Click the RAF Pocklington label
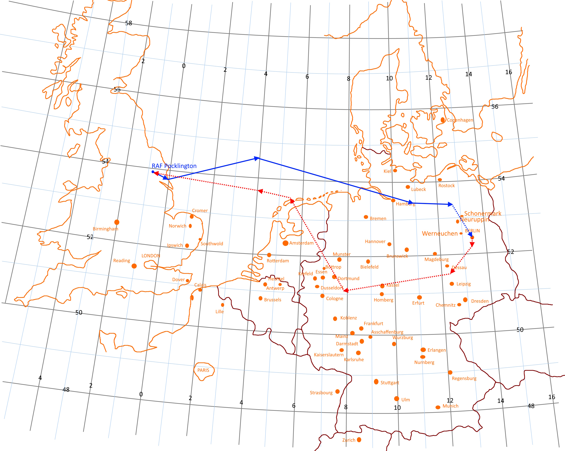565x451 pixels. coord(174,166)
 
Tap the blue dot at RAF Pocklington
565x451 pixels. coord(153,172)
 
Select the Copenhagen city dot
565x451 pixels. coord(443,120)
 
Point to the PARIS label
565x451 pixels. coord(203,370)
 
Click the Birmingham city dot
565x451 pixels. coord(117,222)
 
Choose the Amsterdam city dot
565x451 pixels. coord(285,243)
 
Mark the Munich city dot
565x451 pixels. coord(438,407)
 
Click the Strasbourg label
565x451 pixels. coord(321,393)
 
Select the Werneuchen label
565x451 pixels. coord(440,233)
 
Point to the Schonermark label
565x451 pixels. coord(483,214)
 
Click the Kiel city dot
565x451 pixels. coord(395,170)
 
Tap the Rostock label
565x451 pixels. coord(447,186)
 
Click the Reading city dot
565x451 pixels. coord(134,266)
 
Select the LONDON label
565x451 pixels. coord(151,256)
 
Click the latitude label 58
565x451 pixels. coord(129,23)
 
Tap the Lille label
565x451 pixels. coord(220,311)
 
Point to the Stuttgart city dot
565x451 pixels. coord(376,381)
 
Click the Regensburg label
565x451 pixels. coord(464,378)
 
